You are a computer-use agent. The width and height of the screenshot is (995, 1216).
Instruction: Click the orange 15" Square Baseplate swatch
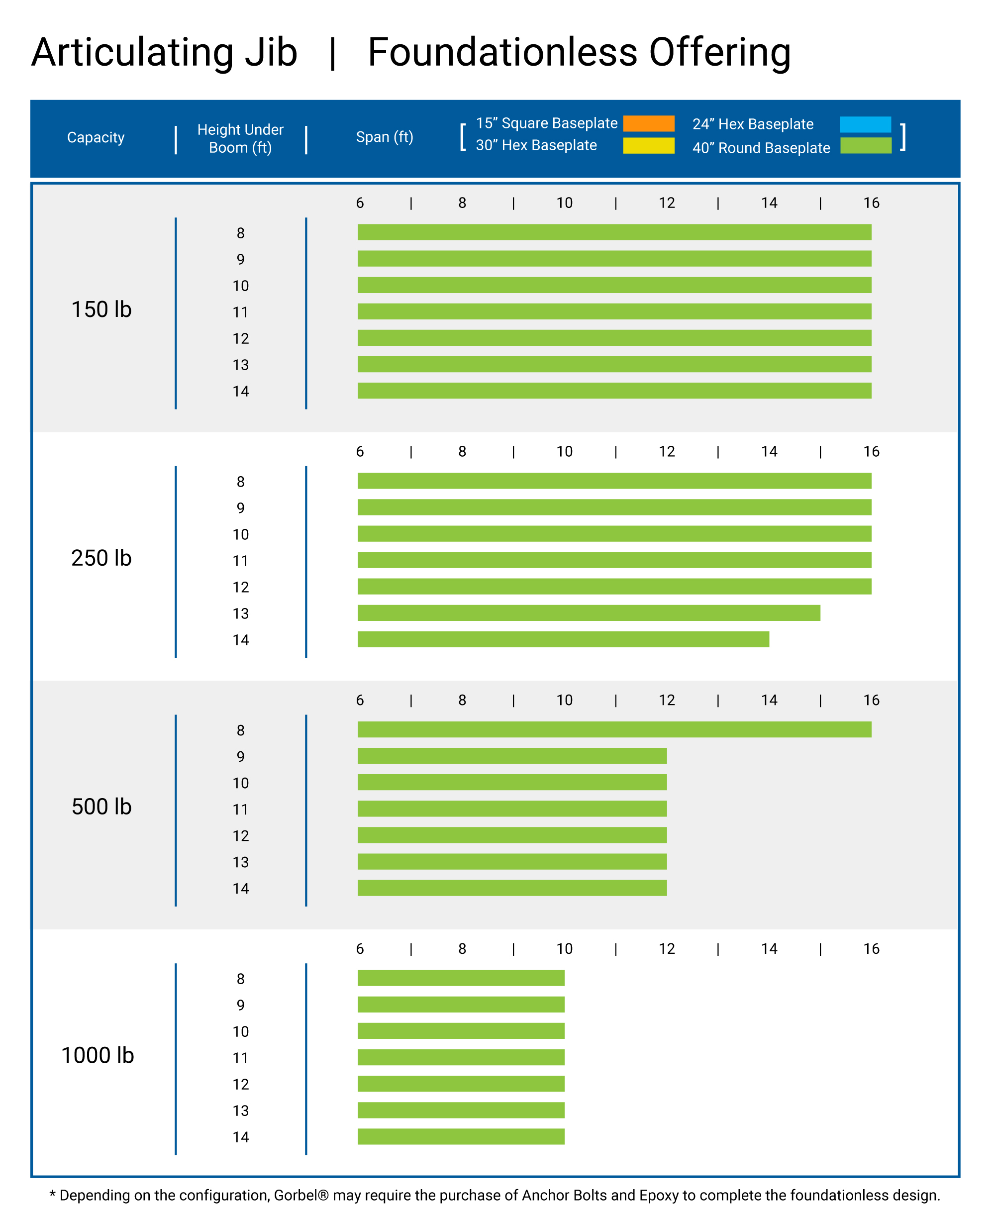point(648,123)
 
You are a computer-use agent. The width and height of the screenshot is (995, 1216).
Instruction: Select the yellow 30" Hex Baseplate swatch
point(648,146)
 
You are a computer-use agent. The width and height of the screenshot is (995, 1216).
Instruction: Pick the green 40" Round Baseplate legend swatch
point(866,146)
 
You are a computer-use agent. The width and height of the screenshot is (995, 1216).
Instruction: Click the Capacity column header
point(96,137)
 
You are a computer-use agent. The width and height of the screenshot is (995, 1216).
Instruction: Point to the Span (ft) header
point(384,137)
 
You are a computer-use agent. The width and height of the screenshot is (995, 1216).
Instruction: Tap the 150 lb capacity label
point(101,309)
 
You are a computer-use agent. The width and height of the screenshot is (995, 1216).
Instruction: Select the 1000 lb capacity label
point(98,1055)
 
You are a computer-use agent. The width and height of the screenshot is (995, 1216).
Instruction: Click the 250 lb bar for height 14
point(563,639)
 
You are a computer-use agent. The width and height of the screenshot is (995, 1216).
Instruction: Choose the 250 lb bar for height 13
point(589,612)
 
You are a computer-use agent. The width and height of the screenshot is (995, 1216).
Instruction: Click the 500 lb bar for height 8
point(614,729)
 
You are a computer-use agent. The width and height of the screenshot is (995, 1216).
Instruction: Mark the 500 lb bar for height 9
point(512,756)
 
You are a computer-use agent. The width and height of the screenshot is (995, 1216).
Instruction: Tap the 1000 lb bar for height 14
point(461,1136)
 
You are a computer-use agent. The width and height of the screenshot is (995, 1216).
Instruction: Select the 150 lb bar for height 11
point(614,311)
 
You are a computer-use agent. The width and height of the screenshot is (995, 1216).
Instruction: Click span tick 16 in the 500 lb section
point(871,700)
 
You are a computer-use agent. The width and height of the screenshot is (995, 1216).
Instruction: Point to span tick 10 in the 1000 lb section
point(564,948)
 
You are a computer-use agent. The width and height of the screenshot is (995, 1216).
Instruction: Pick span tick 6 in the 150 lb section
point(360,203)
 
